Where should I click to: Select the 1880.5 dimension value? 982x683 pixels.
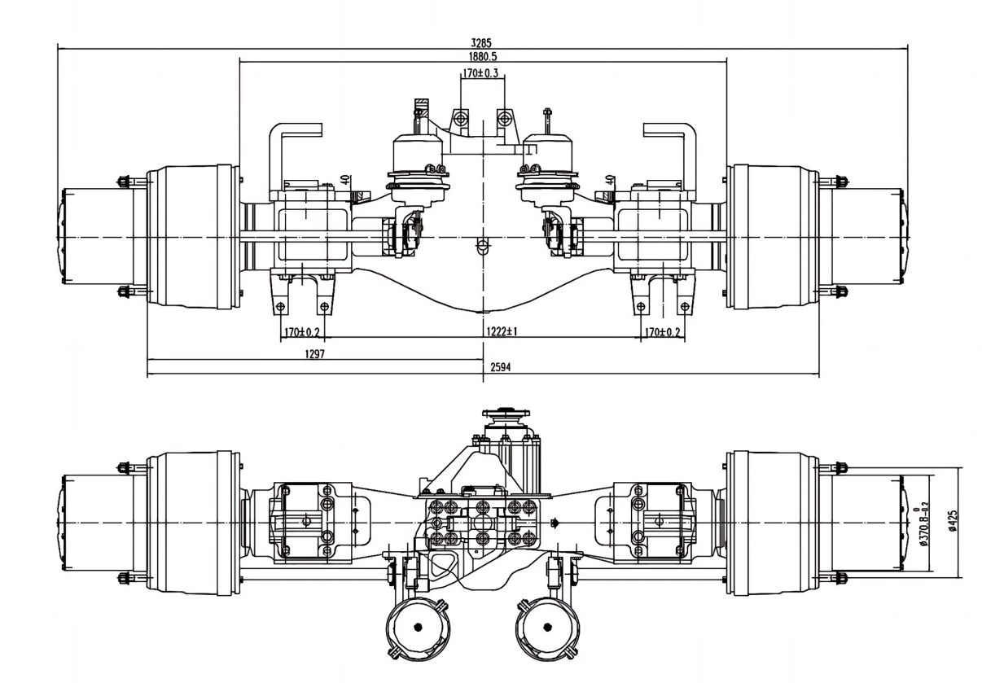(x=484, y=57)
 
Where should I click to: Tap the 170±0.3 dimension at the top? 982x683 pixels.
(x=481, y=74)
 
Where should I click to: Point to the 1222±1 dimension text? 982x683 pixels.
(x=505, y=332)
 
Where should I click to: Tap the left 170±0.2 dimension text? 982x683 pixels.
(x=301, y=332)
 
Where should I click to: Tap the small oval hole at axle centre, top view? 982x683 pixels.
(x=483, y=245)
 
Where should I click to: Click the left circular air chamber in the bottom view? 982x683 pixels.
(x=418, y=628)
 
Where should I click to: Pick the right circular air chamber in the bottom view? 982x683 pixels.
(x=548, y=628)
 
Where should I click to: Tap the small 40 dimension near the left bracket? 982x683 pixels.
(x=346, y=179)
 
